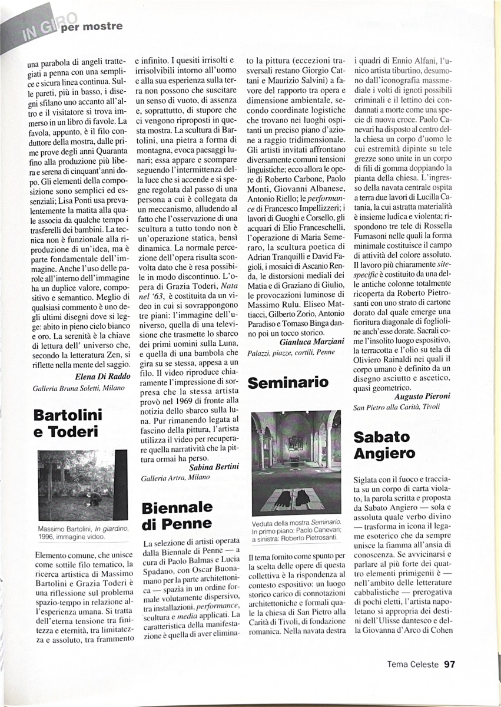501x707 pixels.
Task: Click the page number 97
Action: [450, 665]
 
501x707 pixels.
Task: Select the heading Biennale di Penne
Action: [177, 516]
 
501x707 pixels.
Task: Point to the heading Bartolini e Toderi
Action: [69, 423]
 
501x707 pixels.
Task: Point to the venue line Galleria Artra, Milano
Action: [175, 478]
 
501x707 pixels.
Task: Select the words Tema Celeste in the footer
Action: [413, 665]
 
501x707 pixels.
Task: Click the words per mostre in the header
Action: [99, 27]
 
